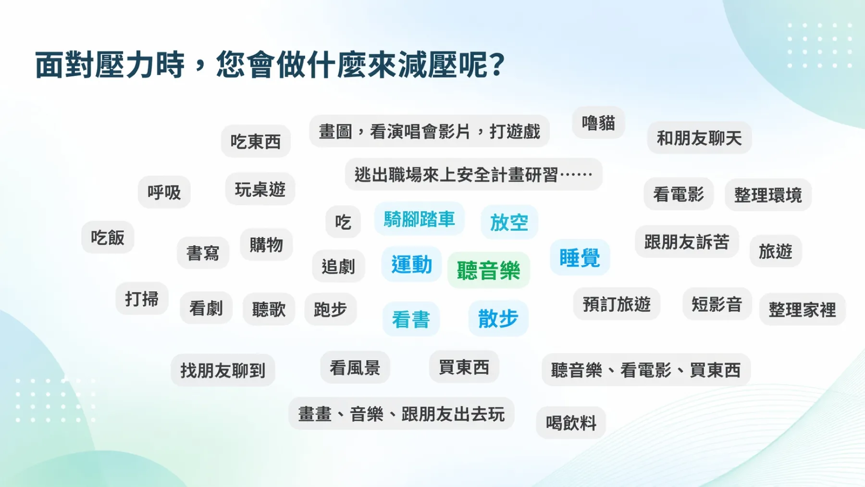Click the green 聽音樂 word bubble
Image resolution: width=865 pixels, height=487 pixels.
pyautogui.click(x=488, y=270)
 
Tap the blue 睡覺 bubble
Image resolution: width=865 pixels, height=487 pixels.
pyautogui.click(x=580, y=258)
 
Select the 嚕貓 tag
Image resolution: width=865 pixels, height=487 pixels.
pyautogui.click(x=598, y=123)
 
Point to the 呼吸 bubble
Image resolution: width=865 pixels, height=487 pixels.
pyautogui.click(x=164, y=192)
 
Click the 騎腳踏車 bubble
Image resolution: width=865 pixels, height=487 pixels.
pyautogui.click(x=419, y=219)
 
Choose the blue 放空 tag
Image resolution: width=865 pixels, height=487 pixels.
pyautogui.click(x=509, y=222)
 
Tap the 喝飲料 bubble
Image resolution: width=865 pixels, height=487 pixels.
pyautogui.click(x=571, y=423)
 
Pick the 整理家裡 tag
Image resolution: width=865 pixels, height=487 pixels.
pyautogui.click(x=802, y=310)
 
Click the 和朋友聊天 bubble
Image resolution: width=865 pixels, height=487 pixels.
pyautogui.click(x=699, y=138)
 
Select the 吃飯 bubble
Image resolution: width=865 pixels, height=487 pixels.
pyautogui.click(x=108, y=237)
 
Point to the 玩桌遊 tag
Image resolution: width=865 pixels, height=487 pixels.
pyautogui.click(x=260, y=189)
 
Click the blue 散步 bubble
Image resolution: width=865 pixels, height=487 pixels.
pyautogui.click(x=498, y=318)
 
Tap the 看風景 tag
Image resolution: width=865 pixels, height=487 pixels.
pyautogui.click(x=355, y=368)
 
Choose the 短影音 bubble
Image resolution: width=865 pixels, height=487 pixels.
pyautogui.click(x=717, y=304)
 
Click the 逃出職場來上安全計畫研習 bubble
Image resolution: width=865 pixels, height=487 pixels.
pyautogui.click(x=473, y=175)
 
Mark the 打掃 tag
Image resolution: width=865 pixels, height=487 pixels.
pyautogui.click(x=142, y=299)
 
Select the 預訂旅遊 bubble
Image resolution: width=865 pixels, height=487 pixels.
pyautogui.click(x=617, y=304)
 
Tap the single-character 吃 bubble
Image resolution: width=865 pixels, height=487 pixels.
pyautogui.click(x=343, y=222)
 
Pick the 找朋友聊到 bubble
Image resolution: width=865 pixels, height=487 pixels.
pyautogui.click(x=223, y=370)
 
